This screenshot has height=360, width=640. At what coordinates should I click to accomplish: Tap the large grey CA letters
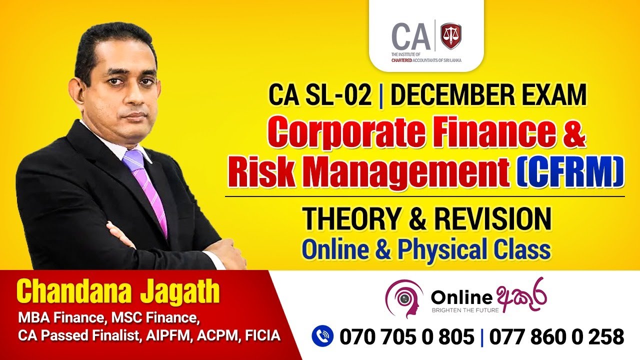(411, 35)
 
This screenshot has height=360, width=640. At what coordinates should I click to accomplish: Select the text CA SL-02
(320, 95)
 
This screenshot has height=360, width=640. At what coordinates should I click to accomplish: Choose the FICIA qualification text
(262, 335)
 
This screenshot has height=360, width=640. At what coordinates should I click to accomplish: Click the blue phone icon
(322, 336)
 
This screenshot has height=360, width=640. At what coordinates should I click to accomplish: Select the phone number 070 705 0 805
(406, 336)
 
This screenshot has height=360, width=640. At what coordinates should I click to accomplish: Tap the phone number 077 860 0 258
(556, 336)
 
